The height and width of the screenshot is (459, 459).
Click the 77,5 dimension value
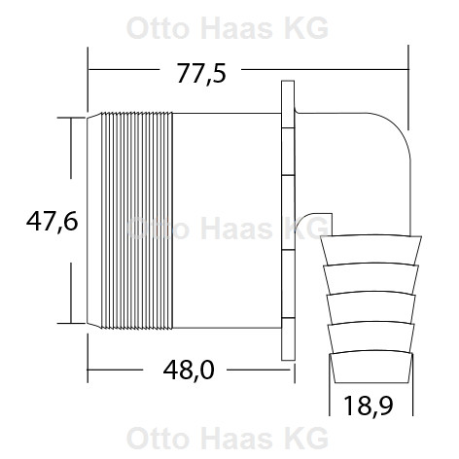[201, 73]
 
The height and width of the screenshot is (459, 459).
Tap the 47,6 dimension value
[53, 221]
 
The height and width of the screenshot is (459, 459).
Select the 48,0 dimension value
[189, 371]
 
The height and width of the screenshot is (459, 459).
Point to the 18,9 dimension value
[368, 406]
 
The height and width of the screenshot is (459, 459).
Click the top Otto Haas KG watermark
[228, 28]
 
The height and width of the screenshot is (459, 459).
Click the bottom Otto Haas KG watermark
[228, 438]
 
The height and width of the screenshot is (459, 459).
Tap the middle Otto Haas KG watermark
[228, 228]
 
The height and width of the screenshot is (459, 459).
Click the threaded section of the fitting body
[137, 221]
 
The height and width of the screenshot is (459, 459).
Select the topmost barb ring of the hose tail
[371, 249]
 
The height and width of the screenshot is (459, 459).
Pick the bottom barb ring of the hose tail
[371, 367]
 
